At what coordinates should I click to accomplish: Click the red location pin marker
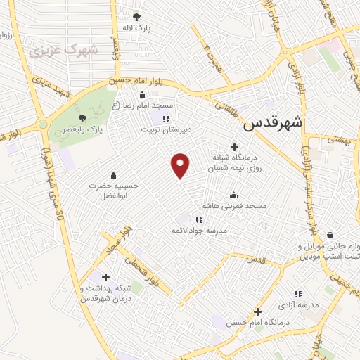pyautogui.click(x=181, y=165)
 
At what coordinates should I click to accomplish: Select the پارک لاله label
pyautogui.click(x=137, y=28)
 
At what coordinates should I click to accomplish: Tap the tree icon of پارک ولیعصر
pyautogui.click(x=83, y=118)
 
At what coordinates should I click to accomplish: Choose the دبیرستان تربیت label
pyautogui.click(x=166, y=130)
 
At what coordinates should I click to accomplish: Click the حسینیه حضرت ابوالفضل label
pyautogui.click(x=114, y=192)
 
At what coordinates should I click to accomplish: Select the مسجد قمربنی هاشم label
pyautogui.click(x=234, y=206)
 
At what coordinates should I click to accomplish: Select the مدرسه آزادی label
pyautogui.click(x=297, y=305)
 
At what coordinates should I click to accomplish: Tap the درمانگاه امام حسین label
pyautogui.click(x=257, y=323)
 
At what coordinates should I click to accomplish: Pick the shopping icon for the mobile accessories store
pyautogui.click(x=330, y=236)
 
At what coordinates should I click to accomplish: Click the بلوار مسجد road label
pyautogui.click(x=117, y=239)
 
